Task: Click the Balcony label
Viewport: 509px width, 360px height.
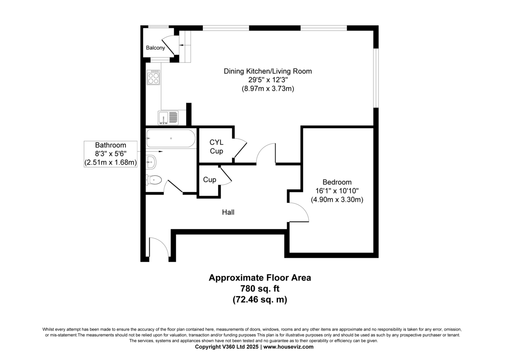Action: pyautogui.click(x=155, y=48)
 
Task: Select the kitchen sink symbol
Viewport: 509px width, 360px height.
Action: pyautogui.click(x=169, y=118)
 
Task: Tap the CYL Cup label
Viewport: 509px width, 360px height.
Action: pyautogui.click(x=216, y=147)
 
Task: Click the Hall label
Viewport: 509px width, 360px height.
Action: pyautogui.click(x=228, y=212)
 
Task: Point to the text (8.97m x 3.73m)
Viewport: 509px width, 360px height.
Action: pyautogui.click(x=268, y=89)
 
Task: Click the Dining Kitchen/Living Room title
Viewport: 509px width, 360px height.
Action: pyautogui.click(x=268, y=71)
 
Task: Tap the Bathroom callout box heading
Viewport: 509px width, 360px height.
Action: pyautogui.click(x=110, y=145)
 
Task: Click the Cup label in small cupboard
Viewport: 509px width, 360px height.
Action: pyautogui.click(x=210, y=180)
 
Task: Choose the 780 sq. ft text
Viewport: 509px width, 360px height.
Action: pyautogui.click(x=260, y=289)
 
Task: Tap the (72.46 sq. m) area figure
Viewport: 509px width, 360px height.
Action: pyautogui.click(x=260, y=300)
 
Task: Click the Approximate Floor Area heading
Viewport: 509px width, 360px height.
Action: pyautogui.click(x=260, y=278)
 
